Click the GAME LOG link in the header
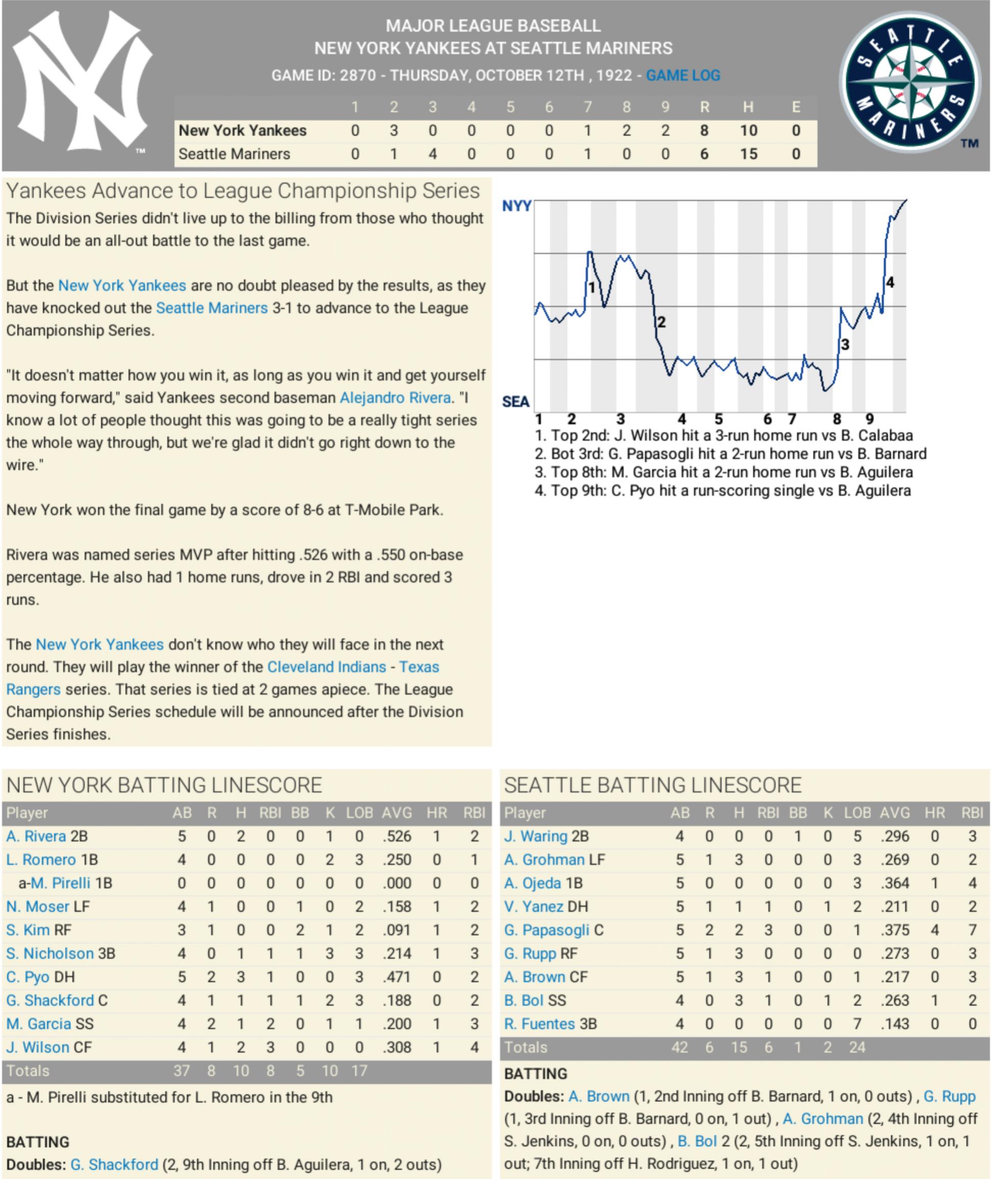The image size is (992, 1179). (683, 76)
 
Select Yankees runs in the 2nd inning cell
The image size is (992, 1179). (394, 131)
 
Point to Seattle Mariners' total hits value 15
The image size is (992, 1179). (748, 154)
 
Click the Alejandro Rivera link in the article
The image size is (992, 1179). (395, 398)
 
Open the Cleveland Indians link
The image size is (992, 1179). (326, 667)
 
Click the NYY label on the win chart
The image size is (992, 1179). (516, 206)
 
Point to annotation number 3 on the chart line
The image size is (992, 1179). (844, 344)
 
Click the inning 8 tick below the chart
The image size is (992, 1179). (837, 419)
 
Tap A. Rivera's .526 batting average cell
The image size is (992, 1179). (397, 836)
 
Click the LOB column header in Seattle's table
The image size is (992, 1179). (857, 813)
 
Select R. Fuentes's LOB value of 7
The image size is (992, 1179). (857, 1024)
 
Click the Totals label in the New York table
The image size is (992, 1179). (28, 1070)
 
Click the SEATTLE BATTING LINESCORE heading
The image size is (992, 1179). (652, 785)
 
